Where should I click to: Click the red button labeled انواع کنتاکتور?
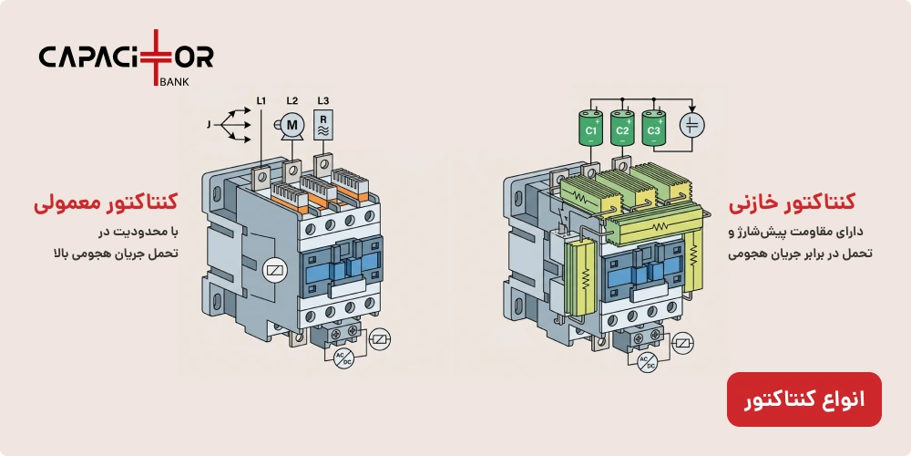tap(804, 399)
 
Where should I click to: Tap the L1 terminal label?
tap(261, 101)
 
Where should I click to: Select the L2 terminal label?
tap(292, 101)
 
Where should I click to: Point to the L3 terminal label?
tap(323, 101)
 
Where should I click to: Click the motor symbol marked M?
tap(292, 124)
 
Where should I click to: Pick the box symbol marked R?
tap(323, 125)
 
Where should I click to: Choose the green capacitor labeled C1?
tap(590, 128)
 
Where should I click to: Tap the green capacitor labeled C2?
tap(622, 128)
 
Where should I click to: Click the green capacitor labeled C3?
tap(653, 128)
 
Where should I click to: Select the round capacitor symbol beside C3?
tap(692, 125)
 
